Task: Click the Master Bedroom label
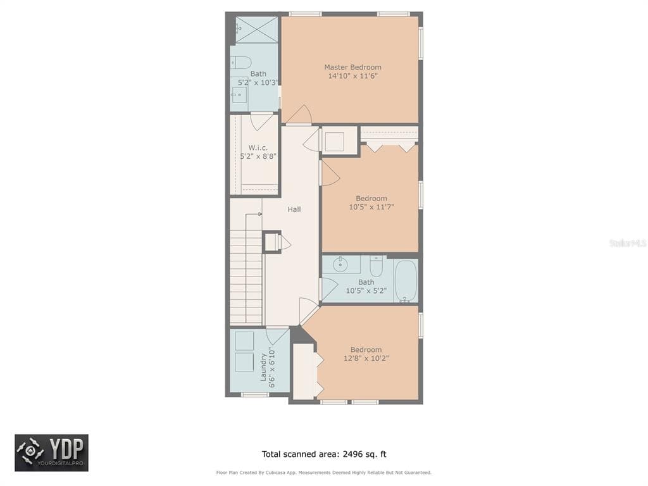coord(352,67)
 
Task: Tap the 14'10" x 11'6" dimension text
coord(352,76)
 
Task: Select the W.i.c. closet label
coord(258,147)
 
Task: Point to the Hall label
coord(294,209)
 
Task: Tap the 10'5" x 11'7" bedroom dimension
coord(371,207)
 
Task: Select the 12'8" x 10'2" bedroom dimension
coord(366,358)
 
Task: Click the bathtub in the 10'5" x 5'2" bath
coord(406,281)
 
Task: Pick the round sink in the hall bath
coord(340,265)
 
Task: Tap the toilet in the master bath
coord(241,63)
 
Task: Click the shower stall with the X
coord(257,29)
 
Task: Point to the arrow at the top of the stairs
coord(254,214)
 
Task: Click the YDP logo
coord(52,452)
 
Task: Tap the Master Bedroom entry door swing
coord(299,115)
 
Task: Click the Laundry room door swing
coord(277,335)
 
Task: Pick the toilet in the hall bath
coord(376,266)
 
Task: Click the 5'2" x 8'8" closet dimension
coord(258,156)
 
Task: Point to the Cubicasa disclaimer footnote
coord(323,472)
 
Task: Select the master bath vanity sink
coord(239,96)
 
